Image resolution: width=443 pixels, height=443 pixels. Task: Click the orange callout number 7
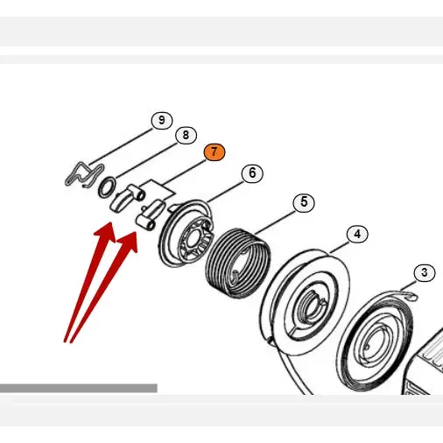point(214,152)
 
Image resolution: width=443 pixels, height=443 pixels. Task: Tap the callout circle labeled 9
point(162,121)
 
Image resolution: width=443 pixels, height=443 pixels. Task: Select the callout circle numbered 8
point(186,135)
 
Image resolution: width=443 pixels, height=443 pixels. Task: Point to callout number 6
point(252,173)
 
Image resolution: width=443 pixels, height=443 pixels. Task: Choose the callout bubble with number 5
point(304,202)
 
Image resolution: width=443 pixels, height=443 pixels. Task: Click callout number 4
point(357,234)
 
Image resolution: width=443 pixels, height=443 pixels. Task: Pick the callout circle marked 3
point(425,272)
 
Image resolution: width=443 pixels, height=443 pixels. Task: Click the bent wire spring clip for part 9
point(85,175)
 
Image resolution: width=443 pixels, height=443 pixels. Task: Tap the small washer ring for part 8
point(107,187)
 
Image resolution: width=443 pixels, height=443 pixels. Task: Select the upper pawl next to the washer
point(126,197)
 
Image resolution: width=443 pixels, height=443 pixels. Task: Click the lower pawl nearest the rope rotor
point(150,214)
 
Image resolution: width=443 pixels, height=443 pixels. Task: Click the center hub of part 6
point(193,238)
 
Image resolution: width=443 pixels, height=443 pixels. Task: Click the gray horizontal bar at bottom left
point(79,388)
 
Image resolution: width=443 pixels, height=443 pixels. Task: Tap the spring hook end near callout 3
point(410,296)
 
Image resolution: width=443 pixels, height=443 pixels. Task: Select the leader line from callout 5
point(274,220)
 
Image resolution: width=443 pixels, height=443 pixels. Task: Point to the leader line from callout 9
point(121,146)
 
